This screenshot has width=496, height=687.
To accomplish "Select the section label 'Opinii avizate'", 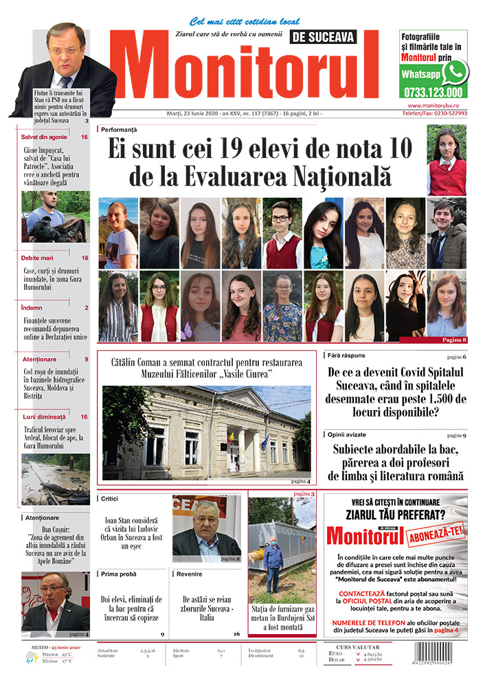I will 348,435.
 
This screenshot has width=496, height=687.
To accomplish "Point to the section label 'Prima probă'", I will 118,573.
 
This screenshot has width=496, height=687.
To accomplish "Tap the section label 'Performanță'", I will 121,129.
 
